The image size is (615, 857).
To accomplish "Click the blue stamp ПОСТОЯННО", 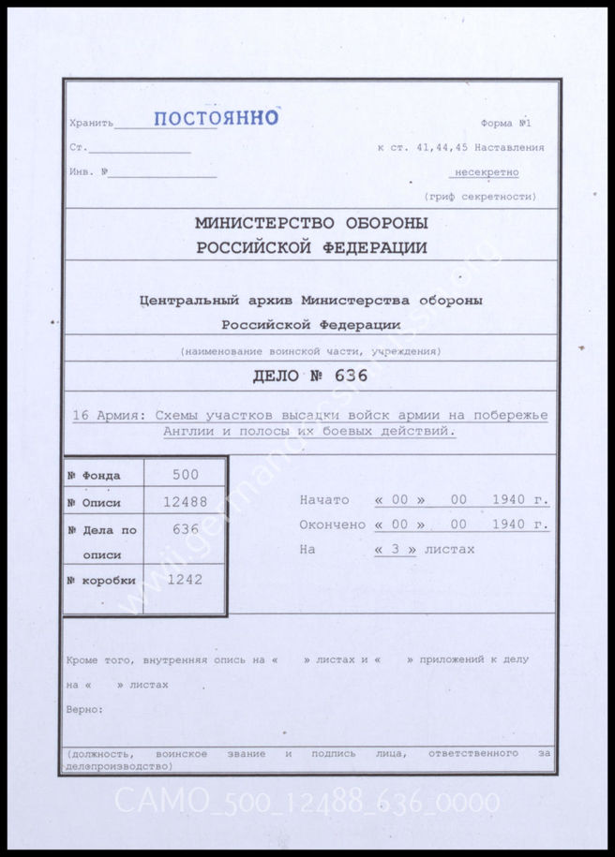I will click(x=216, y=118).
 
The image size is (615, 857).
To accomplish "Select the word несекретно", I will click(x=486, y=172).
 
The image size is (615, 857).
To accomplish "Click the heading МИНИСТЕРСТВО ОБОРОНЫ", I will click(x=311, y=223).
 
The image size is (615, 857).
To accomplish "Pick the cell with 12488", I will click(x=185, y=502).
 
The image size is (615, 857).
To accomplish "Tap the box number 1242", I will click(x=185, y=580).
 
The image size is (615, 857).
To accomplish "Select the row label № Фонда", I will click(x=94, y=476).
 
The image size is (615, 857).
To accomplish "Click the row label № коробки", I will click(x=101, y=581).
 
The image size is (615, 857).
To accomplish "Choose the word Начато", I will click(x=323, y=500).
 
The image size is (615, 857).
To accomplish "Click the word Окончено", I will click(x=332, y=525).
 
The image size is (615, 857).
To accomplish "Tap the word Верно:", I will click(x=85, y=709).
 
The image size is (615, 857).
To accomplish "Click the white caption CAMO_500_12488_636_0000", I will click(x=307, y=803).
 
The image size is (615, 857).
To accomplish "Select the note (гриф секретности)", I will click(x=480, y=197).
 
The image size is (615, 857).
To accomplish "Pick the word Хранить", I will click(x=91, y=124).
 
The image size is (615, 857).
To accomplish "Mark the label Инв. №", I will click(x=89, y=172).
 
